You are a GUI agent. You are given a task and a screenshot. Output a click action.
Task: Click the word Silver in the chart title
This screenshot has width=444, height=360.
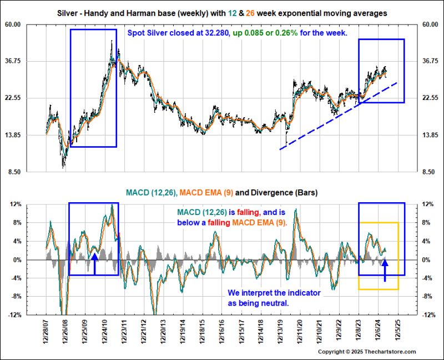pyautogui.click(x=69, y=13)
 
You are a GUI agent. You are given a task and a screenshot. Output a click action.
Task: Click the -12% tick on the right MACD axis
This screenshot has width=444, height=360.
pyautogui.click(x=429, y=315)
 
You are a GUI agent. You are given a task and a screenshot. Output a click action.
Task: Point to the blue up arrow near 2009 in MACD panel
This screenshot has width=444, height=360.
pyautogui.click(x=94, y=263)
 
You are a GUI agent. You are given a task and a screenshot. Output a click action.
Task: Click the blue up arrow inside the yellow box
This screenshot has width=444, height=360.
pyautogui.click(x=386, y=269)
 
